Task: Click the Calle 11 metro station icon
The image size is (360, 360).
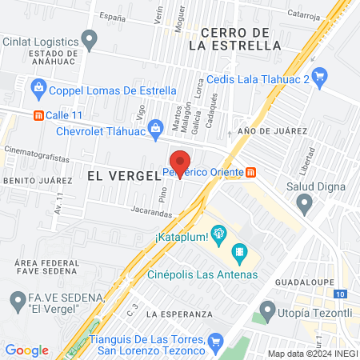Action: pos(37,114)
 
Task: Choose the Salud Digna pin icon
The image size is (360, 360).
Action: pos(304,205)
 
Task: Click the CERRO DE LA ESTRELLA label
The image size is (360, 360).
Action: pos(234,38)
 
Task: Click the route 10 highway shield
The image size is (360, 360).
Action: pos(342,294)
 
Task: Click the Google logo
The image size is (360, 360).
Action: pos(26,350)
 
